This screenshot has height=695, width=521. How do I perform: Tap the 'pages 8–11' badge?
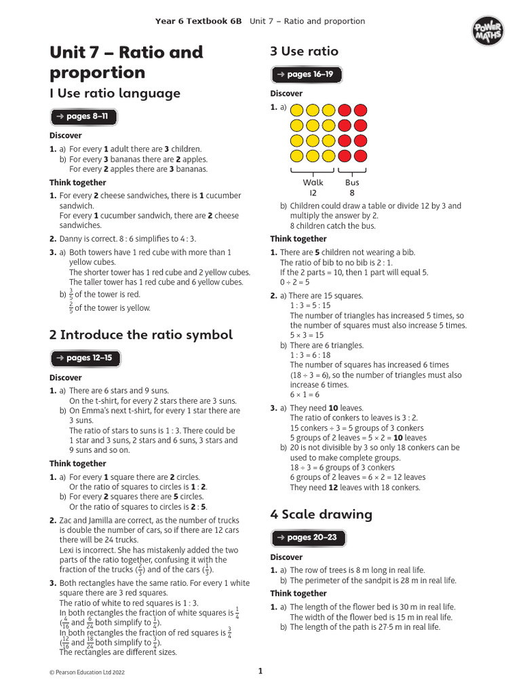[83, 117]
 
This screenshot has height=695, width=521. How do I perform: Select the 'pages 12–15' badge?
[83, 358]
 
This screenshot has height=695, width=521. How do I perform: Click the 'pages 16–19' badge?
[306, 75]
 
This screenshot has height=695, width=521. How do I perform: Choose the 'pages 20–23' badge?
[306, 538]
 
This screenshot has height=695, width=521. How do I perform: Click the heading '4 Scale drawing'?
[321, 514]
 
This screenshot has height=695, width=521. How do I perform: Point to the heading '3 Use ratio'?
[304, 52]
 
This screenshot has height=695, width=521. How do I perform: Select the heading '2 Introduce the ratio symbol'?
[140, 335]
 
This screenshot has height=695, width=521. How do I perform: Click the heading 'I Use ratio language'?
[115, 94]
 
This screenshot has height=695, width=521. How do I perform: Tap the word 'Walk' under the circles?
[313, 183]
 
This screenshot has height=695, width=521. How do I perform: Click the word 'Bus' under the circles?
[352, 183]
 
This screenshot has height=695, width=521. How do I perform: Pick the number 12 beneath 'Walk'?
[313, 193]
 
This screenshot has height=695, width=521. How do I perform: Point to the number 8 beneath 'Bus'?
[352, 193]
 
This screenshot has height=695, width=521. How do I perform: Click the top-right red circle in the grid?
[360, 110]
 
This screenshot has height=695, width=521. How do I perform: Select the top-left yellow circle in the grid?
[297, 110]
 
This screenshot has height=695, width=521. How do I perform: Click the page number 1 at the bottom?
[260, 672]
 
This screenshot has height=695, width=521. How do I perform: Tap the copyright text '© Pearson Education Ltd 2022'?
[87, 673]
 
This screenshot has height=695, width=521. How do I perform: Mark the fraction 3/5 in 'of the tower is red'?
[71, 295]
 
